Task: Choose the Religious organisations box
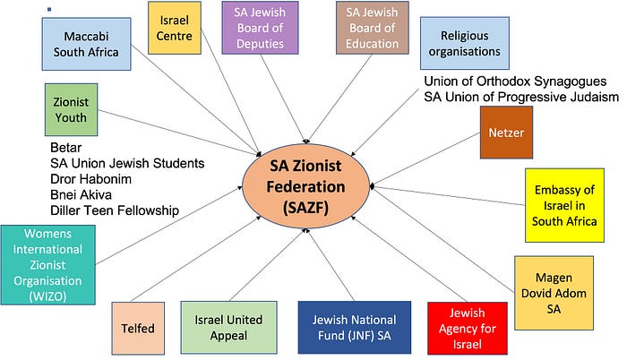464,43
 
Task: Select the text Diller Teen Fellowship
115,210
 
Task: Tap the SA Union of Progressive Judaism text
521,97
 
